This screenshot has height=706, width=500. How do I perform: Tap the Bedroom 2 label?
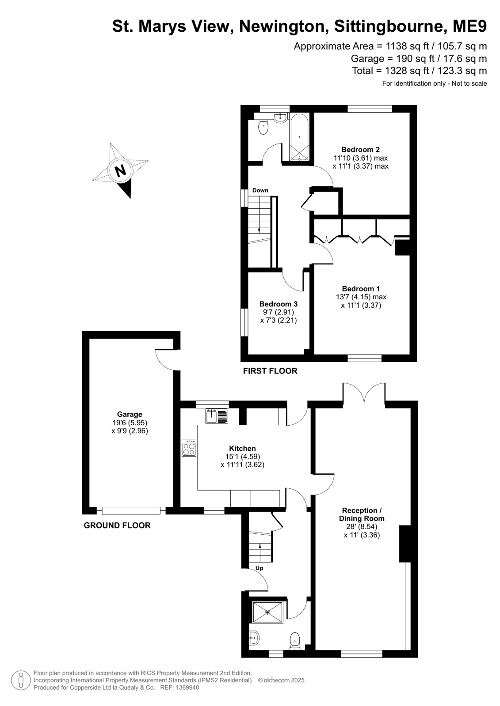pos(360,149)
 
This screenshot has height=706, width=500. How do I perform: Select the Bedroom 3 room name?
pos(279,304)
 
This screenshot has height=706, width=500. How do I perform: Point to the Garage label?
pos(130,414)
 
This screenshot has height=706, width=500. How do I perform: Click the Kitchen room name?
pos(242,448)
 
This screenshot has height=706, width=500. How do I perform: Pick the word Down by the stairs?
pos(260,190)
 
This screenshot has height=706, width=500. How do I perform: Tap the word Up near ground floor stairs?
pos(259,568)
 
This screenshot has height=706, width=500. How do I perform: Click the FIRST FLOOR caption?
pos(270,370)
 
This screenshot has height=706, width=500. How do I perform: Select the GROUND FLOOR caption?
pos(117,525)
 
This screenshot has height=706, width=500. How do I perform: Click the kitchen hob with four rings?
pos(189,448)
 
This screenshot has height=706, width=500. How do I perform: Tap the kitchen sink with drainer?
pos(217,416)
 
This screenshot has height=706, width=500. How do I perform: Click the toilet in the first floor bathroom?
pos(263,127)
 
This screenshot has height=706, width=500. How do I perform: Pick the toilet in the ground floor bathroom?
pos(295,641)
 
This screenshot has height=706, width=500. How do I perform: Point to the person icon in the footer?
pos(21,680)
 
